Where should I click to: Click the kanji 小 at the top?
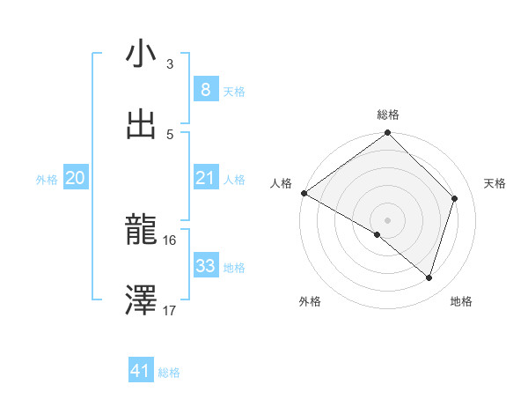click(141, 55)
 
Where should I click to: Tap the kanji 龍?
click(141, 231)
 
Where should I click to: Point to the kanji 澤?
click(141, 300)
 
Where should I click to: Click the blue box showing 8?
click(205, 89)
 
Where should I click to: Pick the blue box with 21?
click(205, 178)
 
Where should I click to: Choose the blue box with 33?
click(205, 266)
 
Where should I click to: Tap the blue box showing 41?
click(141, 371)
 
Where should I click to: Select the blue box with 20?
click(76, 178)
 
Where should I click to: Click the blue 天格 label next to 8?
click(234, 91)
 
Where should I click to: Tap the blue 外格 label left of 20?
click(47, 179)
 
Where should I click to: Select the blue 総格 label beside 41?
click(169, 373)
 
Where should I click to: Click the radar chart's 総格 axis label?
click(388, 115)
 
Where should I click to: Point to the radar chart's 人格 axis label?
click(282, 183)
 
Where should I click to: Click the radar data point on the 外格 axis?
click(378, 234)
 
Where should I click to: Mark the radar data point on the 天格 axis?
click(455, 198)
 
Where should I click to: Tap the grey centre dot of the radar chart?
click(388, 219)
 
